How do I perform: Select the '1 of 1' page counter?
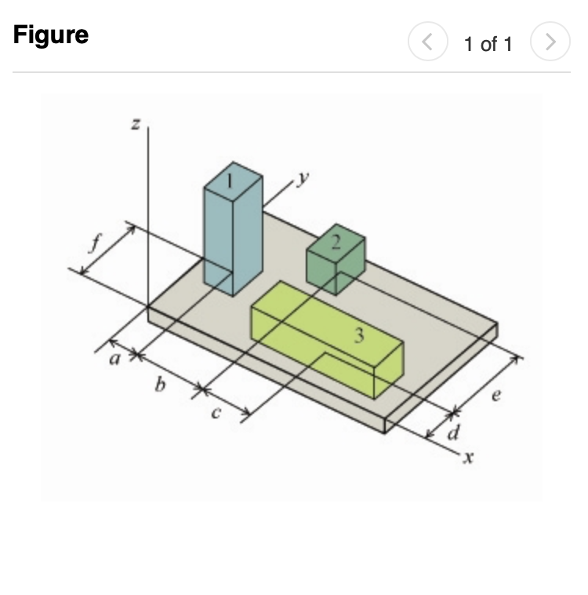[487, 44]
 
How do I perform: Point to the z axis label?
[136, 123]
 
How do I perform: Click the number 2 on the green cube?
[336, 242]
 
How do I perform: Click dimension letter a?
[113, 362]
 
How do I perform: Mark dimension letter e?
[494, 397]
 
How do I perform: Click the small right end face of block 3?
[389, 371]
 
